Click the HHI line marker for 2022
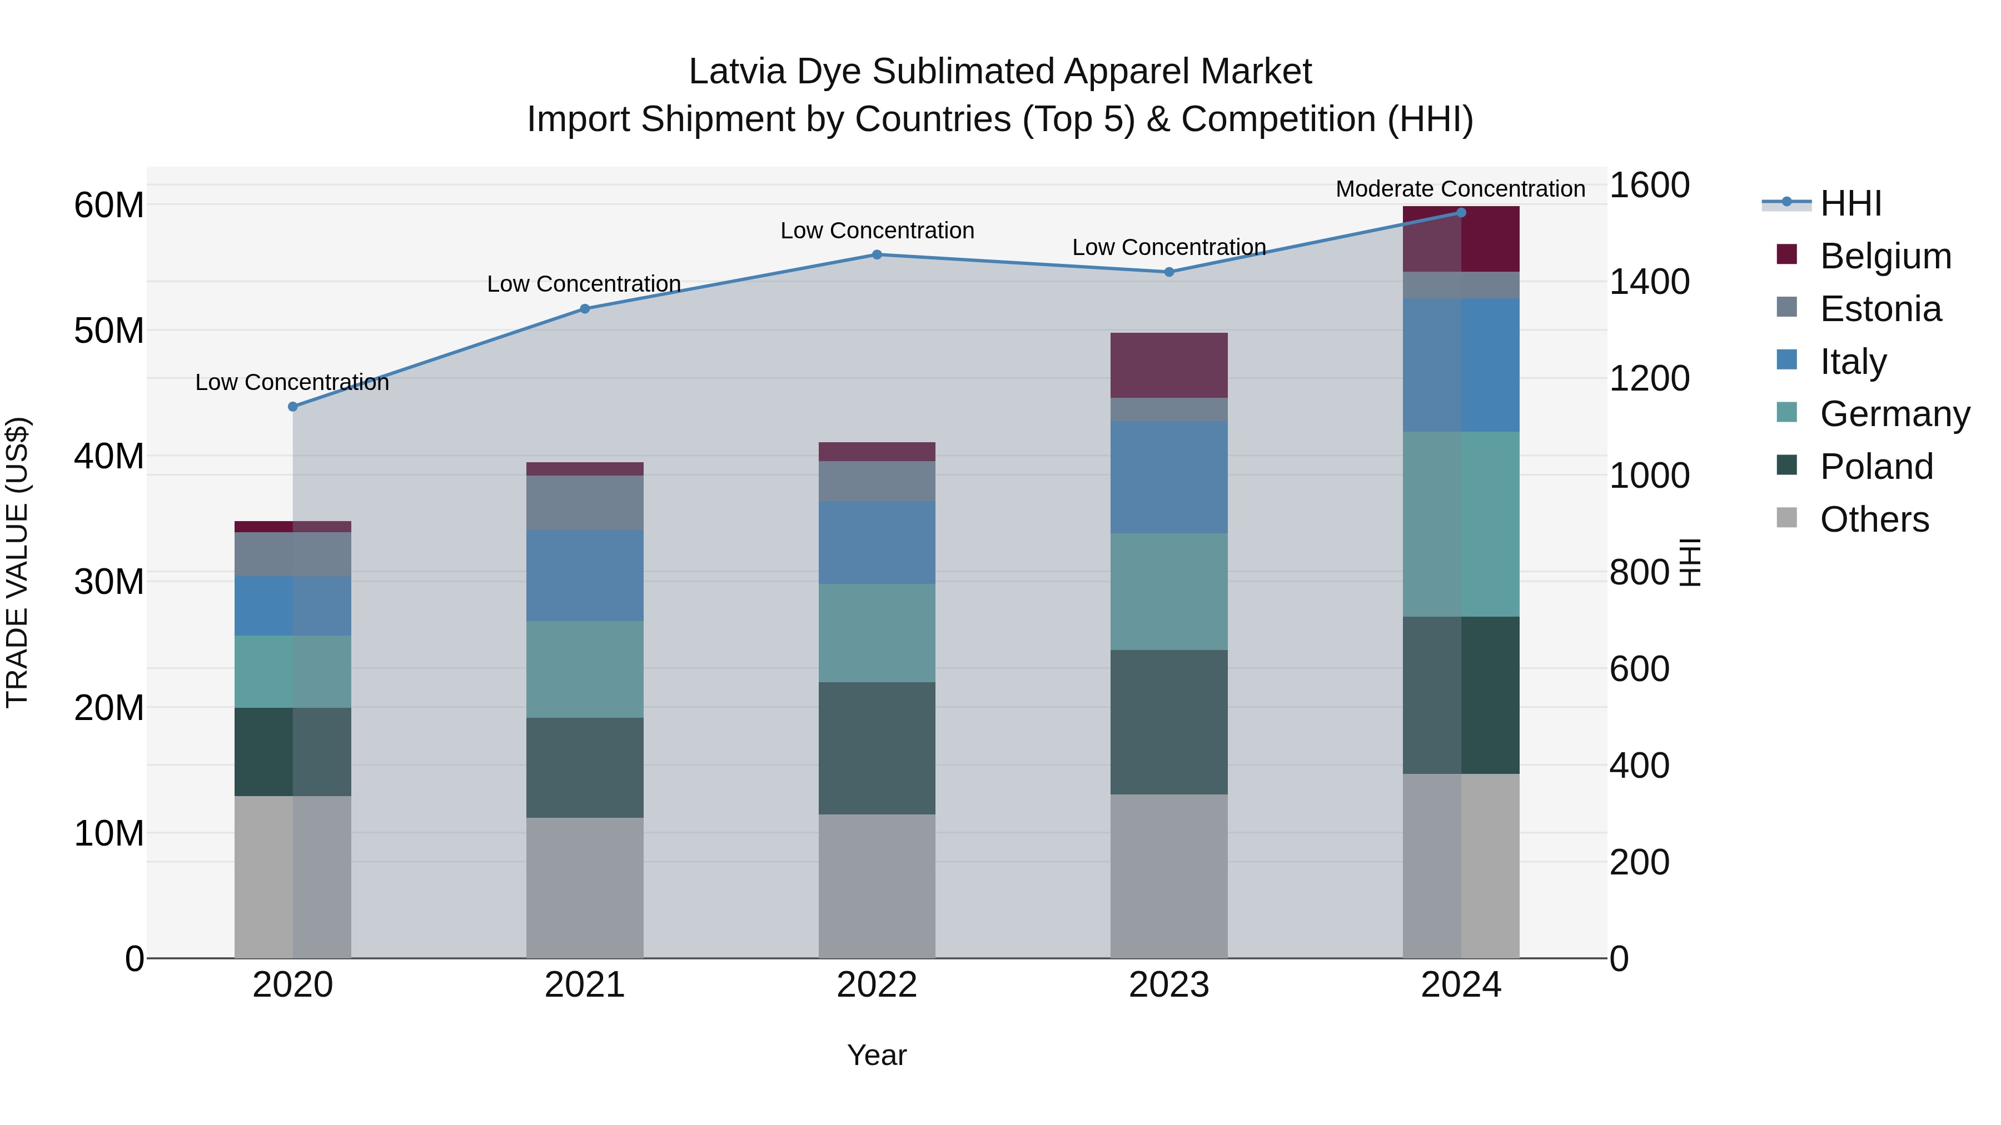click(876, 254)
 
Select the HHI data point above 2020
click(293, 407)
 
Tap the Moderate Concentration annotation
click(1460, 189)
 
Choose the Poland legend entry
click(1876, 467)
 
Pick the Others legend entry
click(1874, 519)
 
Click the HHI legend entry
click(1850, 203)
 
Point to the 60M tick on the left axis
click(109, 206)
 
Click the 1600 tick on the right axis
click(1649, 186)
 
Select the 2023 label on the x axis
click(1168, 985)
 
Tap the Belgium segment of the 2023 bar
click(1168, 365)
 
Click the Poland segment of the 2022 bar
click(876, 748)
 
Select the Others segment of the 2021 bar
click(584, 887)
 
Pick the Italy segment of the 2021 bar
click(584, 576)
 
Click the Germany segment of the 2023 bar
click(1168, 592)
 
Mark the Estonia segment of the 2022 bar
click(876, 481)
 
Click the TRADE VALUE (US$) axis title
click(17, 562)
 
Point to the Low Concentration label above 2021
click(584, 284)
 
